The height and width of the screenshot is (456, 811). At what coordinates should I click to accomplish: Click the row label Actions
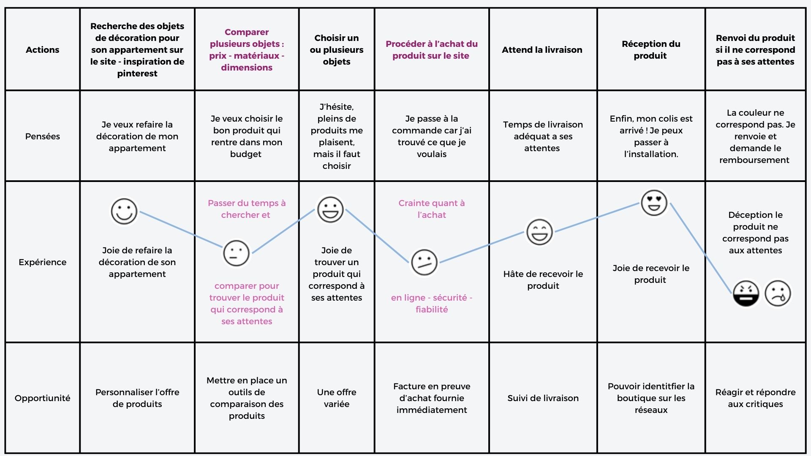tap(42, 50)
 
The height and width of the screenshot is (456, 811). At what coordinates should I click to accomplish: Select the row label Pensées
tap(42, 136)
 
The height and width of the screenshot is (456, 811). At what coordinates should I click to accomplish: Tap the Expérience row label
tap(42, 262)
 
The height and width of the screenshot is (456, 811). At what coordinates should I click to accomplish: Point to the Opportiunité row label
tap(42, 398)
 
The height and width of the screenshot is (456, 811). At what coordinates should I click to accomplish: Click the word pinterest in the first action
tap(137, 73)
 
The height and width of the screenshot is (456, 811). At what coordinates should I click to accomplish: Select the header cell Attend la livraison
tap(542, 50)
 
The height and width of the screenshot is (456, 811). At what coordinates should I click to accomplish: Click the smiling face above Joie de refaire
tap(124, 212)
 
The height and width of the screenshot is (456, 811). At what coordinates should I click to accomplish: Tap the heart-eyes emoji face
tap(654, 203)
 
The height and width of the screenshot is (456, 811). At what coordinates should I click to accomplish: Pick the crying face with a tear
tap(778, 293)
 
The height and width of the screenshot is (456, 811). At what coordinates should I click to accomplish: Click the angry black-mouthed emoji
tap(746, 293)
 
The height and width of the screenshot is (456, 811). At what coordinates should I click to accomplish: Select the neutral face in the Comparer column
tap(236, 253)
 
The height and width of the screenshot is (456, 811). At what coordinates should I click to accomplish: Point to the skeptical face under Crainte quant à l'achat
tap(424, 262)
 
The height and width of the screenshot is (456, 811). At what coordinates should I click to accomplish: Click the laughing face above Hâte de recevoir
tap(539, 232)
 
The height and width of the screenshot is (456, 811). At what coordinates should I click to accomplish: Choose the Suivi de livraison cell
tap(543, 398)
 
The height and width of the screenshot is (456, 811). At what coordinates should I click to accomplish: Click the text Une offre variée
tap(337, 398)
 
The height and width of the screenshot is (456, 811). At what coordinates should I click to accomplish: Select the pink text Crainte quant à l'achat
tap(432, 209)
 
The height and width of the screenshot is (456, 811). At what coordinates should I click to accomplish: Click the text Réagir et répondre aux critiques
tap(755, 398)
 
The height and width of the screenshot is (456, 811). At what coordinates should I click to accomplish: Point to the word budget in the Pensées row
tap(246, 155)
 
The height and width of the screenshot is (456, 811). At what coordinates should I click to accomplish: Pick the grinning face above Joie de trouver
tap(330, 209)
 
